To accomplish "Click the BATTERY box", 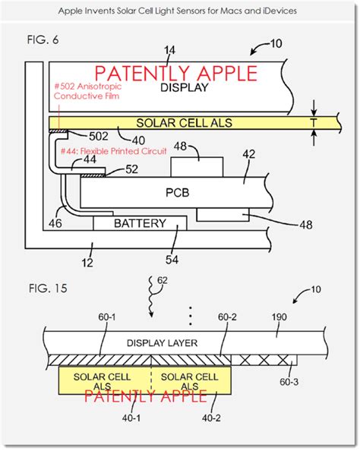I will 140,223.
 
